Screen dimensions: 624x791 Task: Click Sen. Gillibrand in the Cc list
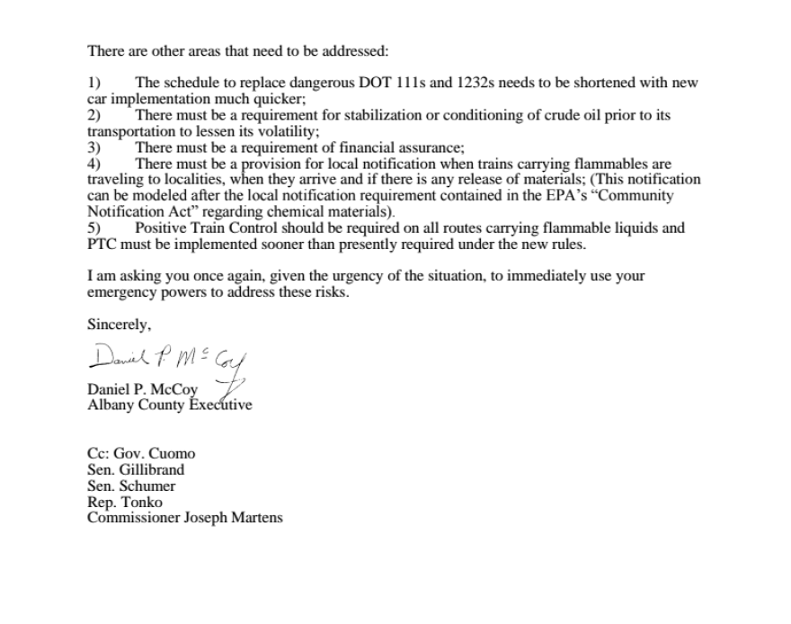(136, 469)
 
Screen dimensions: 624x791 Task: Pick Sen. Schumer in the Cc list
(131, 486)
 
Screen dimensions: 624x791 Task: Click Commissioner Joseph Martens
(184, 518)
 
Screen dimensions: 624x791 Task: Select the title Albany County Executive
(170, 405)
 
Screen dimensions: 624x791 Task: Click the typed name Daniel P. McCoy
(142, 389)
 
